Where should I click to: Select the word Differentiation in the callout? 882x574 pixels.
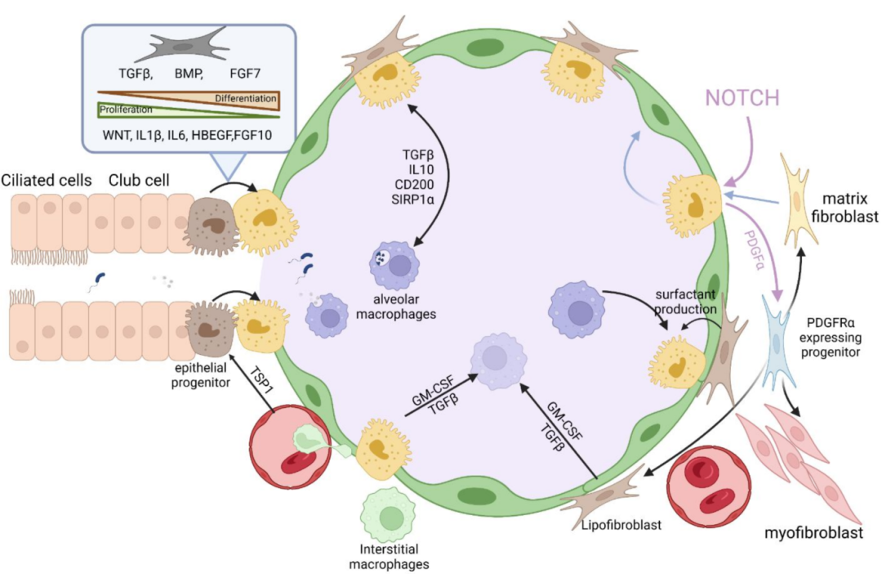245,99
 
